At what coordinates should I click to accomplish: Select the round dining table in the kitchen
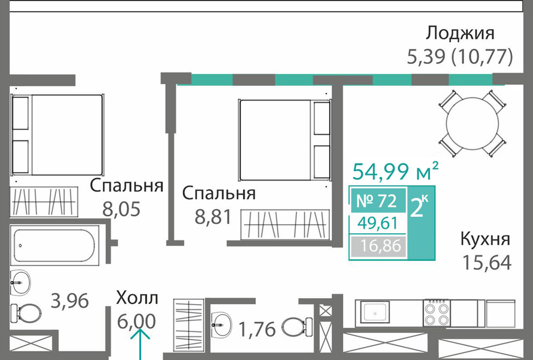tap(472, 124)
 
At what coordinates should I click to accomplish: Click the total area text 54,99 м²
tap(395, 171)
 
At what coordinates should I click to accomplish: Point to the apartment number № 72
tap(376, 201)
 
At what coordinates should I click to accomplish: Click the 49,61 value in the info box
tap(377, 224)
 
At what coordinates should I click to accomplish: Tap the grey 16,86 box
tap(378, 246)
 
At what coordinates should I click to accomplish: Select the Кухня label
tap(485, 239)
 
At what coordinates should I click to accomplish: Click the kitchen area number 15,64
tap(487, 263)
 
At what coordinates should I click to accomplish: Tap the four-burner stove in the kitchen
tap(437, 313)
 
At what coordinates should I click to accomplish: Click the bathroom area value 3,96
tap(70, 300)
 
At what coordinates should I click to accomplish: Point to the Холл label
tap(137, 298)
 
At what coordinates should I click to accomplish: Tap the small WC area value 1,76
tap(257, 330)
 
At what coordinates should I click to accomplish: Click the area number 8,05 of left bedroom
tap(122, 209)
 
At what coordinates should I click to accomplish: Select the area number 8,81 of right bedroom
tap(213, 217)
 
